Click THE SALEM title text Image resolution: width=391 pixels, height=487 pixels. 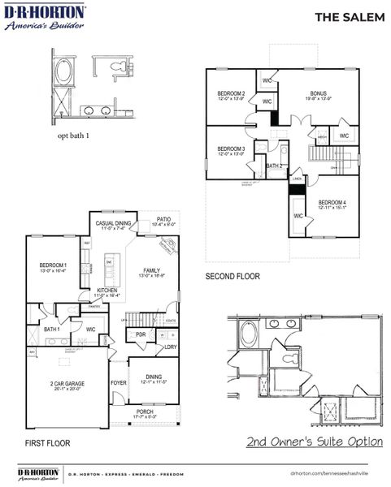(x=350, y=17)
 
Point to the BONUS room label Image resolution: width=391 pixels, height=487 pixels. (x=317, y=93)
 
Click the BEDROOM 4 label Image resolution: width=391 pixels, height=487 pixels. (x=332, y=202)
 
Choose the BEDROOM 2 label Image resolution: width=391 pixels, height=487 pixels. (x=231, y=94)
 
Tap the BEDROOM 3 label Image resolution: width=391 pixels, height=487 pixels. (x=231, y=149)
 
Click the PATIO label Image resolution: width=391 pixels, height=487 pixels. (x=164, y=219)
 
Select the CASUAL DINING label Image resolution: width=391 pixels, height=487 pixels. (x=113, y=224)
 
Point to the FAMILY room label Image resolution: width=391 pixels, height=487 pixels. (x=152, y=271)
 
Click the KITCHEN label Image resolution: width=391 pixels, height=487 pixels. (x=109, y=291)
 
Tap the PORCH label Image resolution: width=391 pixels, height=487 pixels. (x=145, y=412)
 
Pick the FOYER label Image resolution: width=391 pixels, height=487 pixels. (x=119, y=383)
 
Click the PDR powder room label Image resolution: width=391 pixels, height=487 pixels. (x=140, y=334)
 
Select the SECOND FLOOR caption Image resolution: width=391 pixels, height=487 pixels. (x=232, y=277)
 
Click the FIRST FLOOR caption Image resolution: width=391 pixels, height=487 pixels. (x=47, y=443)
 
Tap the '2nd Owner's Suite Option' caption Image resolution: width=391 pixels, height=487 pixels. (x=315, y=442)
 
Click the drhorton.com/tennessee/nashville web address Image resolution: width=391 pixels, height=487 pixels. (x=328, y=472)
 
